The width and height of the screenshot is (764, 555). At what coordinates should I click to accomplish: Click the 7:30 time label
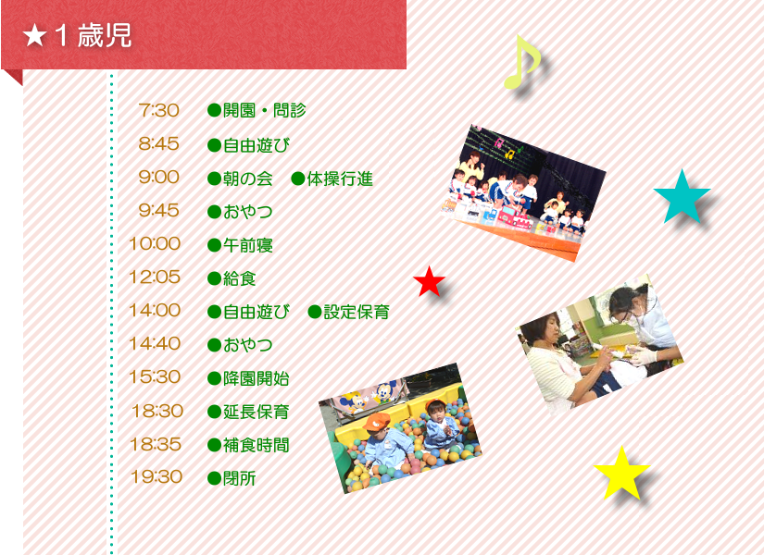click(x=159, y=110)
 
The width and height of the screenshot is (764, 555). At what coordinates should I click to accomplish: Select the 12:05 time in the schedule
click(x=155, y=277)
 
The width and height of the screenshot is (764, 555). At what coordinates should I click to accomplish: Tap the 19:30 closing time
click(x=157, y=476)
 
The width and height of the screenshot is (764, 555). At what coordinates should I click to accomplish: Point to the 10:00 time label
click(x=155, y=243)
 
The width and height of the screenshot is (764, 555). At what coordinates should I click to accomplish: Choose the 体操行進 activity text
click(x=340, y=179)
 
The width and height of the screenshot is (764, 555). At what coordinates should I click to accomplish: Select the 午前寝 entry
click(x=247, y=245)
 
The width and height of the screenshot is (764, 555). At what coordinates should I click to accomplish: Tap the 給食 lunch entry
click(x=239, y=278)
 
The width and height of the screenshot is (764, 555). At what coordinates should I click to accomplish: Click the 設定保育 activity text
click(x=357, y=312)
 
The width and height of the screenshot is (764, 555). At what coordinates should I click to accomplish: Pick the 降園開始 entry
click(x=256, y=378)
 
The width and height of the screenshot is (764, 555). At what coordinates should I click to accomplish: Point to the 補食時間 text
click(x=256, y=445)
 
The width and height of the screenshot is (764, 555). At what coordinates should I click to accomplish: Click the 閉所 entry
click(x=239, y=478)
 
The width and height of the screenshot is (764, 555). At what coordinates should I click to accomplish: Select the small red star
click(x=429, y=282)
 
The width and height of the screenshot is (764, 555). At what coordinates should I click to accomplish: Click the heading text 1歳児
click(x=93, y=35)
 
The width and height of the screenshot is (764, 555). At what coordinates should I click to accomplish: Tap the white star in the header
click(x=34, y=35)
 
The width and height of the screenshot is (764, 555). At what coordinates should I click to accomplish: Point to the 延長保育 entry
click(x=256, y=412)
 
